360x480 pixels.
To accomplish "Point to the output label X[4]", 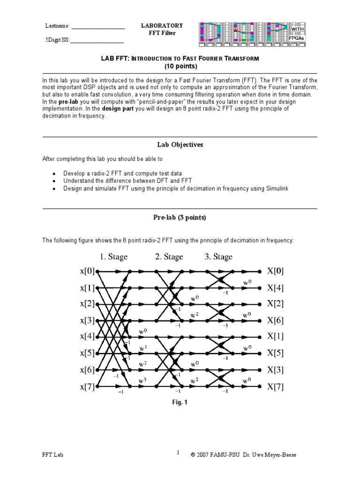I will pyautogui.click(x=276, y=288).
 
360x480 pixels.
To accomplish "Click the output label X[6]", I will pyautogui.click(x=276, y=321).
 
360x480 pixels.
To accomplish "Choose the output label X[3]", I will pyautogui.click(x=276, y=370).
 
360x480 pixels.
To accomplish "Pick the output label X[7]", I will pyautogui.click(x=276, y=387).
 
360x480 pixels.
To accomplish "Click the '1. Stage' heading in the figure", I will pyautogui.click(x=113, y=257).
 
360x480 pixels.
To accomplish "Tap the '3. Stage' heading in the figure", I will pyautogui.click(x=218, y=257).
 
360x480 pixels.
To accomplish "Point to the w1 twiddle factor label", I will pyautogui.click(x=142, y=348).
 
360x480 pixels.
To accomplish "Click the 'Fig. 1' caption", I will pyautogui.click(x=180, y=402).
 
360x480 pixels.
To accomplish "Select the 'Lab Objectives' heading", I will pyautogui.click(x=180, y=145).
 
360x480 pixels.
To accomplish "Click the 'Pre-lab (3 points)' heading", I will pyautogui.click(x=180, y=217).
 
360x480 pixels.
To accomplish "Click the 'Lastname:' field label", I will pyautogui.click(x=57, y=26).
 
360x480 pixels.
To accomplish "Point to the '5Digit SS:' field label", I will pyautogui.click(x=57, y=40).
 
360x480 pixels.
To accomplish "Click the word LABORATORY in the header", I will pyautogui.click(x=162, y=26).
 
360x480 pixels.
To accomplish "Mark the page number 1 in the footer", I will pyautogui.click(x=178, y=453).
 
